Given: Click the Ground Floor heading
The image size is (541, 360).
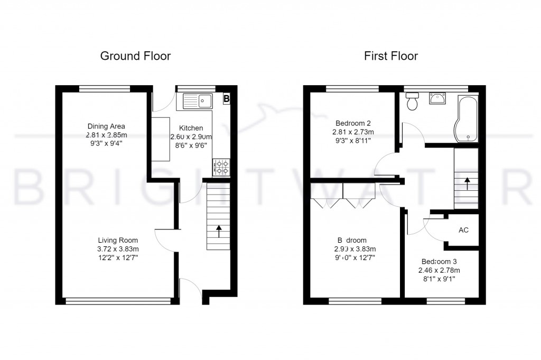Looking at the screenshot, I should (136, 56).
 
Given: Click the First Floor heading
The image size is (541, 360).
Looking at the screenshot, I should (391, 56).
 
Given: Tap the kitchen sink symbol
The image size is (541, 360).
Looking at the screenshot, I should (197, 100).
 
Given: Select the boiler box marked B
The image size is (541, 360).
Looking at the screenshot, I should (227, 98).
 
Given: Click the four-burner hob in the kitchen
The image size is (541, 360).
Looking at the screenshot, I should (221, 167).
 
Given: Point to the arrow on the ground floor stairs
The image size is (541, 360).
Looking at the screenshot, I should (218, 232).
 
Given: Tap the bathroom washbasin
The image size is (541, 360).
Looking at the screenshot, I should (437, 98).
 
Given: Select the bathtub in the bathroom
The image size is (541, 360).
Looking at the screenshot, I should (466, 118).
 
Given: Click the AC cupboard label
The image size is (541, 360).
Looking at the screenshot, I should (463, 230).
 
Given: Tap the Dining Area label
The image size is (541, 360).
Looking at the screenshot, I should (106, 126).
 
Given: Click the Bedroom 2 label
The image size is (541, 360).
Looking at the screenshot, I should (354, 123).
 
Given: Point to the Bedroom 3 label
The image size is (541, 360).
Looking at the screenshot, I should (439, 261).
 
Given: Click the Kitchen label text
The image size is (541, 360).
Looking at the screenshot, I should (191, 128).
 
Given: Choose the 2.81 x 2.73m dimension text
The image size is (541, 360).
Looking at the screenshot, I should (354, 132).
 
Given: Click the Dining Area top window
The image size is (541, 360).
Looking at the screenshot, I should (105, 88).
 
